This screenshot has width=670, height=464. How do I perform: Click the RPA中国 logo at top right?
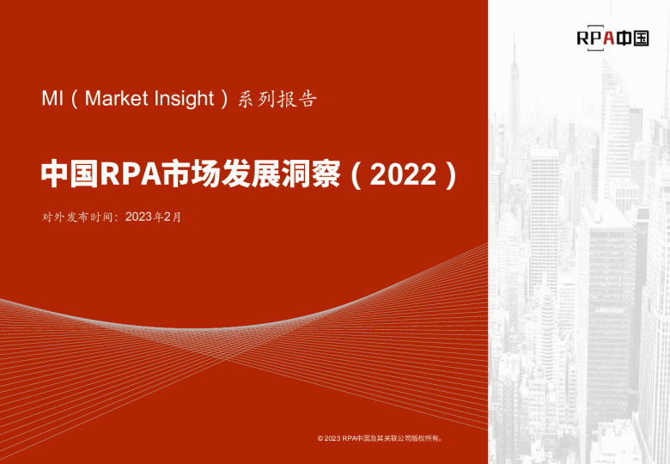[612, 37]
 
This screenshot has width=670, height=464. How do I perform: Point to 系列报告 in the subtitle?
[277, 99]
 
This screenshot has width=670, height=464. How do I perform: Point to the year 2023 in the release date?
[137, 217]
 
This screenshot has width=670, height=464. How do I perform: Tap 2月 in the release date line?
[173, 217]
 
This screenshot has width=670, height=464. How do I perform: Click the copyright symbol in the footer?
[320, 439]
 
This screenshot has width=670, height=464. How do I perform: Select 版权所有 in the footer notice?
[424, 439]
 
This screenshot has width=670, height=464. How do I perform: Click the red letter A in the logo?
[607, 37]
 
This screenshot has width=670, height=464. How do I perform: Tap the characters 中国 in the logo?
[633, 37]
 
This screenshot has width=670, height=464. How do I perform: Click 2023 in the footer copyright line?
[332, 439]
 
